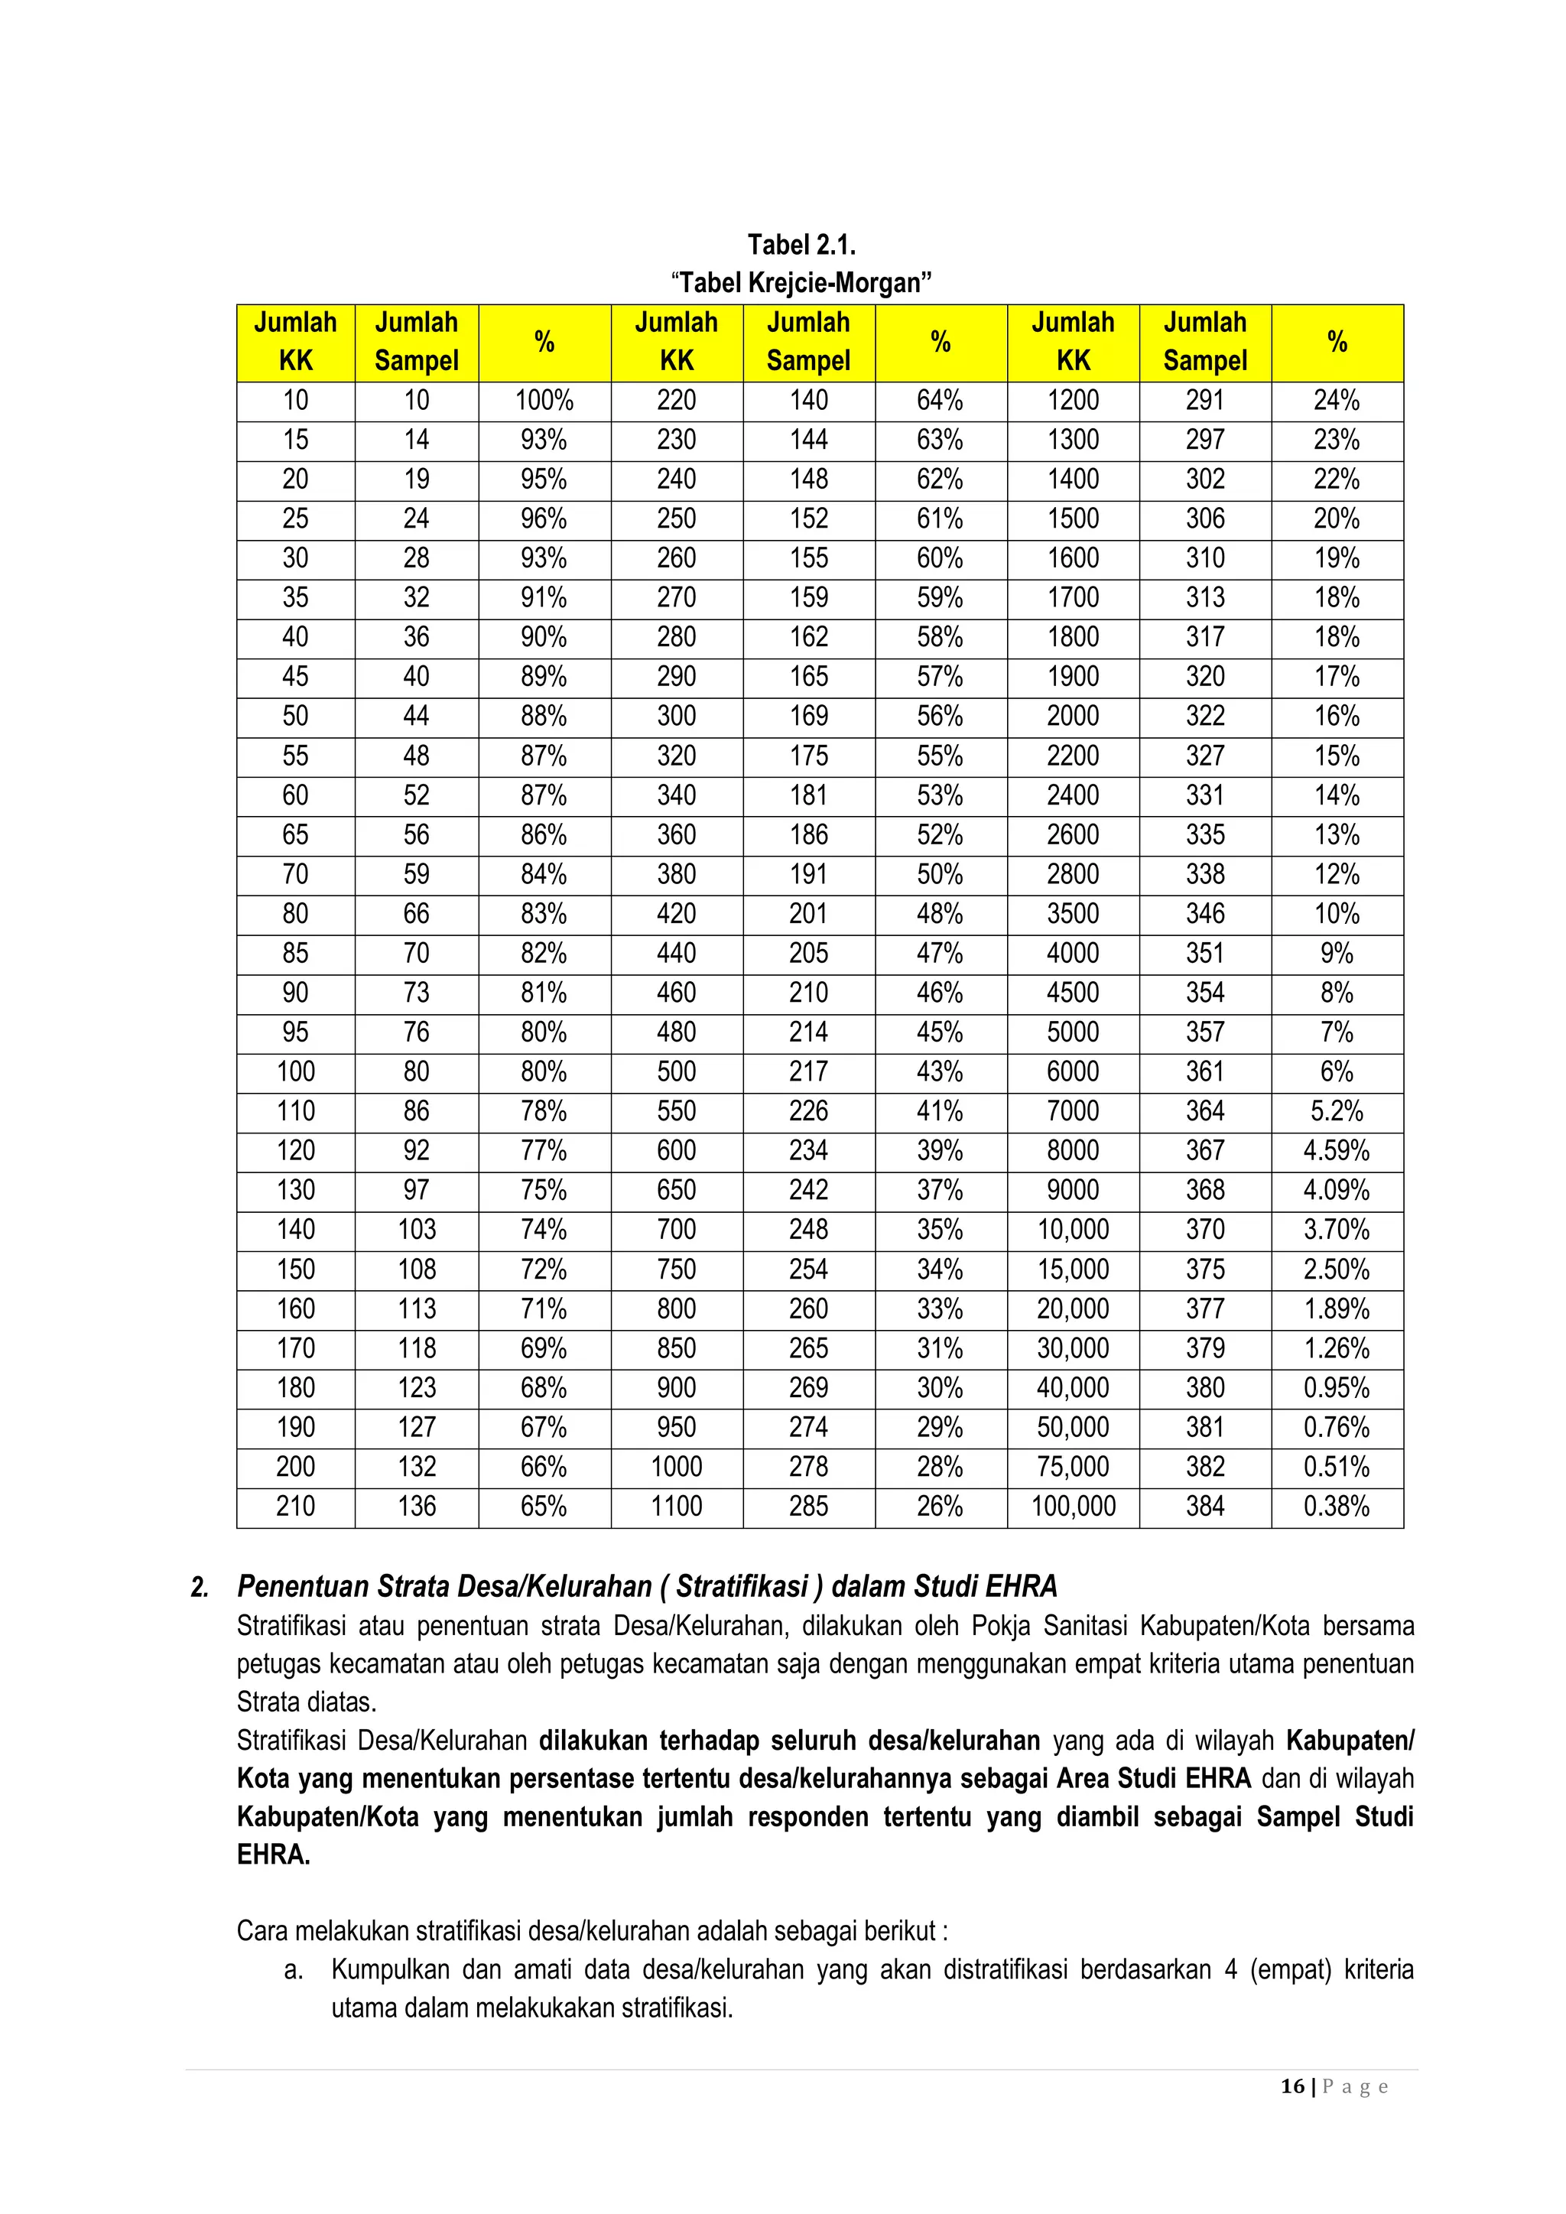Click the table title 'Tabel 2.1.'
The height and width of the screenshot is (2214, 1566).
[801, 244]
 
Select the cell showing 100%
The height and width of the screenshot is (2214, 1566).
[544, 400]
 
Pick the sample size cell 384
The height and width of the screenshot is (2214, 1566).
[1204, 1507]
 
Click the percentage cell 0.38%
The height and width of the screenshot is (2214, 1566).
[1337, 1507]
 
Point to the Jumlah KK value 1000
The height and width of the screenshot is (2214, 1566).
[676, 1467]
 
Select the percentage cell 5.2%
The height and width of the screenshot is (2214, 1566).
[1337, 1111]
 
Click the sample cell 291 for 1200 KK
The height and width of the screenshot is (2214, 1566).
[1204, 400]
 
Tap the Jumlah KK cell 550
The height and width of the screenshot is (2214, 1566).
[676, 1111]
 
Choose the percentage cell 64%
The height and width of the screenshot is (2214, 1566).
[941, 400]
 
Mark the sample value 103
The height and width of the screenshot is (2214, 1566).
[417, 1230]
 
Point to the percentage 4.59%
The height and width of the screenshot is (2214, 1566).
[1337, 1150]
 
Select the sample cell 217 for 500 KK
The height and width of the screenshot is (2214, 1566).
[808, 1071]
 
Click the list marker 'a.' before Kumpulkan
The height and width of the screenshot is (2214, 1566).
[294, 1970]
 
